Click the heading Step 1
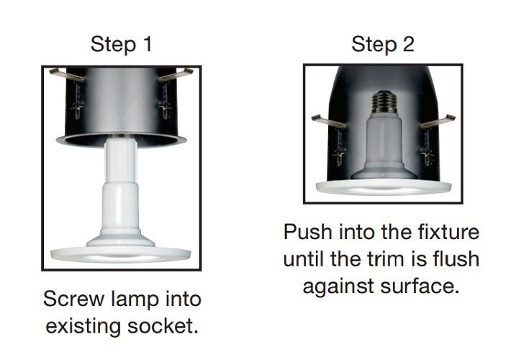pos(121,44)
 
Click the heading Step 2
pos(383,44)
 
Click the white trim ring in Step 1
pos(121,254)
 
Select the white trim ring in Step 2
pos(384,187)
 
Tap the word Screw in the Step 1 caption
pos(74,299)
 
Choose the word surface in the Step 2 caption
pos(420,286)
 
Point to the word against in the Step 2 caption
pos(338,287)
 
